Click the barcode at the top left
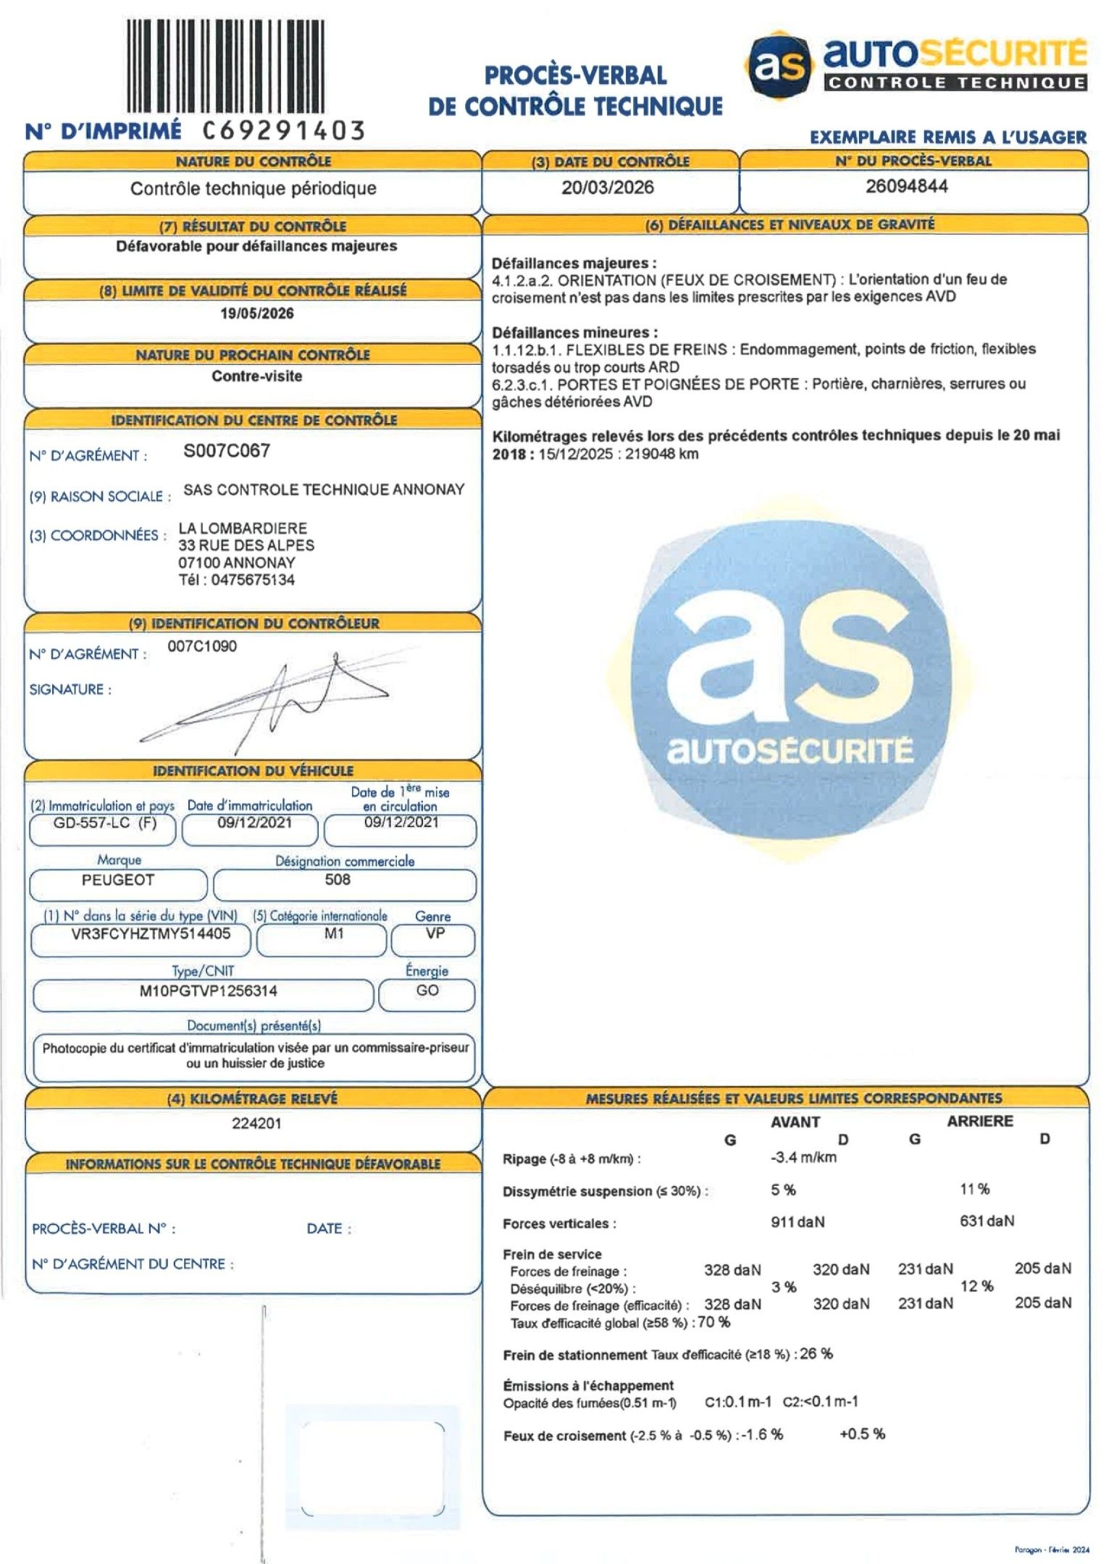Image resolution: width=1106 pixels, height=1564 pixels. click(225, 66)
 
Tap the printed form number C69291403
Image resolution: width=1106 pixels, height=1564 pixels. click(283, 130)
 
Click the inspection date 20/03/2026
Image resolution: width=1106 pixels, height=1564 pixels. click(607, 188)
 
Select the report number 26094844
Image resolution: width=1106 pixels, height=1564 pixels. click(906, 186)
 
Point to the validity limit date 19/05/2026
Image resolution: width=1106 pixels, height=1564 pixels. click(257, 314)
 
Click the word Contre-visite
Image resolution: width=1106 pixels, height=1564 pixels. click(256, 377)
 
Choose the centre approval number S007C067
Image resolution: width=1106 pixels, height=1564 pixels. click(227, 451)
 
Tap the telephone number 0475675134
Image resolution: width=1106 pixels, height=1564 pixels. click(253, 580)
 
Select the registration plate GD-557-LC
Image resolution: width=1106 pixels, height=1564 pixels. click(91, 823)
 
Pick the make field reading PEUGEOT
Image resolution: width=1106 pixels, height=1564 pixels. click(118, 880)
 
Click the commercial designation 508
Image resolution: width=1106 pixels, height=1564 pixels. click(338, 880)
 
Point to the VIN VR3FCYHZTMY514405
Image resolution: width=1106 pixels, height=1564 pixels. click(141, 934)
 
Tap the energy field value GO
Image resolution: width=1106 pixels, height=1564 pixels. click(427, 991)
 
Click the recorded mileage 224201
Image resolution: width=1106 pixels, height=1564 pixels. click(256, 1124)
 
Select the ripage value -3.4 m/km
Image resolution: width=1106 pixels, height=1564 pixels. click(803, 1157)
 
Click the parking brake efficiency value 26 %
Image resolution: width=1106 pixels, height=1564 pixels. click(817, 1353)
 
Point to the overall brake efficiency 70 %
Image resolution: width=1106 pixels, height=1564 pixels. click(714, 1322)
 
